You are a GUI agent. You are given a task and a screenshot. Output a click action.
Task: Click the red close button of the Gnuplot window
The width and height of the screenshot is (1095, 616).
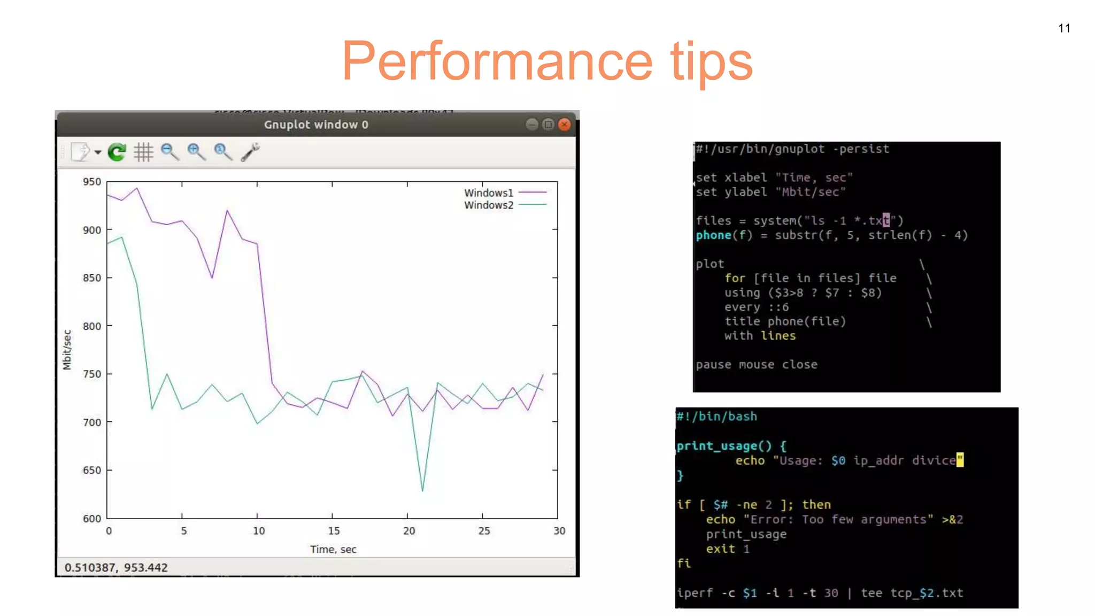(564, 125)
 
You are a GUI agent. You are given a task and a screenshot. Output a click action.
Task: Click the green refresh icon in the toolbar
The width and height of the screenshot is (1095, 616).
(117, 152)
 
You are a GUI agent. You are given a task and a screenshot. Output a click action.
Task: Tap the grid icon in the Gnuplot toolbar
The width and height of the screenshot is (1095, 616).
(143, 152)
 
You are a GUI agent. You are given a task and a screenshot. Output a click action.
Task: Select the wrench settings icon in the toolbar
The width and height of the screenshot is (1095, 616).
(250, 152)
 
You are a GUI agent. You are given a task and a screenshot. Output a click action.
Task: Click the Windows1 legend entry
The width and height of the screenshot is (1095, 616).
(489, 192)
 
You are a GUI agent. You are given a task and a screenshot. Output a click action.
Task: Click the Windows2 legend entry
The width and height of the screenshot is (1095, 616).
(489, 205)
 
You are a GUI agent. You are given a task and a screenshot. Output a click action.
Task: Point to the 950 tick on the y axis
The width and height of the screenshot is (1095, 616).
(92, 182)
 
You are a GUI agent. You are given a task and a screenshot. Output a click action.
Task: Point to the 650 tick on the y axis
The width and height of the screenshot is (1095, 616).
(92, 470)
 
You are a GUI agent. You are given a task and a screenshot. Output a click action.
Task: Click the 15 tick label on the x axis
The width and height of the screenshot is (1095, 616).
(334, 531)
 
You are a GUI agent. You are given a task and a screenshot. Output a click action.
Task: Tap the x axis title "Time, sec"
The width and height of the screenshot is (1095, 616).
(333, 549)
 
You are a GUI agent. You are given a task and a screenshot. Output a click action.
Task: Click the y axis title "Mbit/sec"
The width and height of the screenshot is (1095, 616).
(67, 350)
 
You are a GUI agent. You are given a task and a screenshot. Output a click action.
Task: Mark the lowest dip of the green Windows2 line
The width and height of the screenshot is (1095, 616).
(422, 490)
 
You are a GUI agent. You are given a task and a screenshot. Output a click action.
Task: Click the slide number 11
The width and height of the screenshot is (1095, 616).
(1064, 28)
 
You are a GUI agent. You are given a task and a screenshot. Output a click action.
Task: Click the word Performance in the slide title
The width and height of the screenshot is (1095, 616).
(497, 61)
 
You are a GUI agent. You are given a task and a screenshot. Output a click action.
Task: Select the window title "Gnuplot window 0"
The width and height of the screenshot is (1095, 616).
(316, 125)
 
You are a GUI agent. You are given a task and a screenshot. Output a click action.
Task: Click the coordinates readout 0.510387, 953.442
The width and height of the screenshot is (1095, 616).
(116, 567)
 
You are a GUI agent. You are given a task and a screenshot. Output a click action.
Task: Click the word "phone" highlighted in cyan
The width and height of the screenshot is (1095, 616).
(713, 235)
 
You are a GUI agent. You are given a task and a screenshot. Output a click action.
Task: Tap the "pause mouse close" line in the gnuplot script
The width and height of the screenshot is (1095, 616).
(757, 365)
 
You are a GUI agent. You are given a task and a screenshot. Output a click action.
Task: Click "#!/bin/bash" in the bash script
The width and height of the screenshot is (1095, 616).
(717, 417)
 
